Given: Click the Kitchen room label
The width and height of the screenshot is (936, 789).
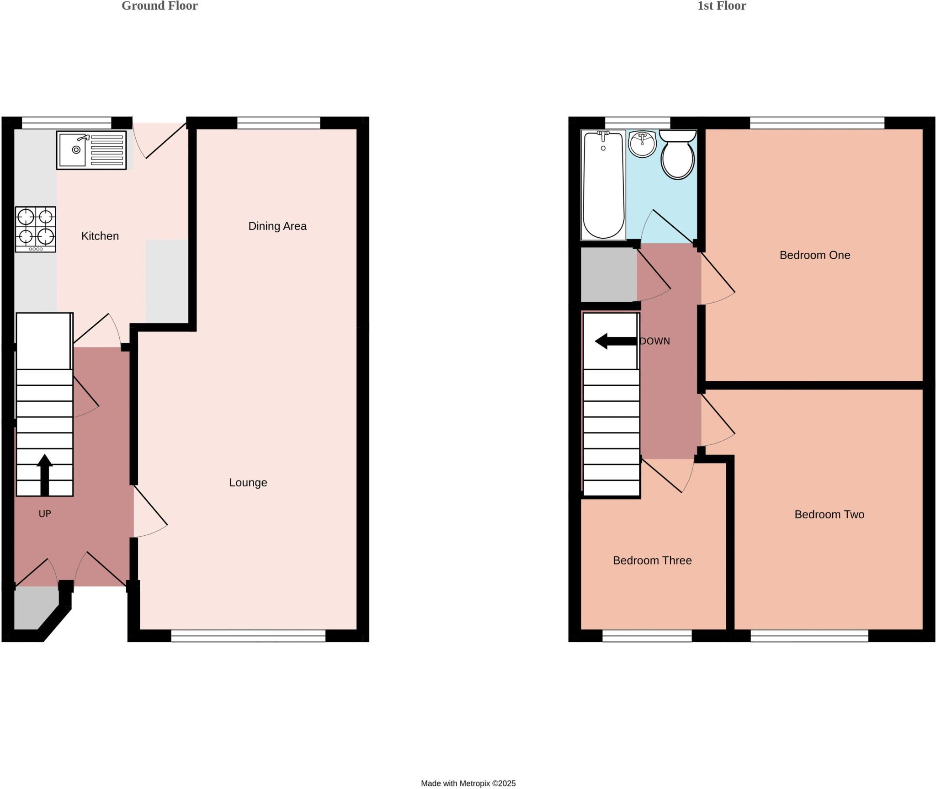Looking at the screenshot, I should (100, 236).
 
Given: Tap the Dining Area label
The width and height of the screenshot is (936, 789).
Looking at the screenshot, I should (277, 226).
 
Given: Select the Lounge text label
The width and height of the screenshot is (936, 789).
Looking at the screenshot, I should (248, 482).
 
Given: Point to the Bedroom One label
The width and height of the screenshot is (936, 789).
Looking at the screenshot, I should (814, 255).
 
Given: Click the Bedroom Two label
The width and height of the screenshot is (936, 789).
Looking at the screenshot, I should (829, 514).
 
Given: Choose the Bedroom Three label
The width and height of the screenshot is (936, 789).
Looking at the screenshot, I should (652, 560).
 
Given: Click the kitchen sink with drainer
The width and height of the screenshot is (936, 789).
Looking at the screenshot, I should (91, 150).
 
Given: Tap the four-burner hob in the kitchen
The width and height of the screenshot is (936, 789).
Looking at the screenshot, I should (36, 229).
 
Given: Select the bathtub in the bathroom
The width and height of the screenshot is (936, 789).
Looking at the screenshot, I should (603, 185).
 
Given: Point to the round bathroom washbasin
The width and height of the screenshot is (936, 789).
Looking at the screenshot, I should (643, 144).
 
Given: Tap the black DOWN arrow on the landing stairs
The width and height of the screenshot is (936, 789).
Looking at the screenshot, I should (615, 341).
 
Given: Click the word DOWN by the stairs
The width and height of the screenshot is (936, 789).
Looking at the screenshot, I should (655, 341).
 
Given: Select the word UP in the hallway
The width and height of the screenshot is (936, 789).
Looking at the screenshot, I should (44, 514).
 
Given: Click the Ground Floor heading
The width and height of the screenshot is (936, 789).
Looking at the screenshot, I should (160, 6).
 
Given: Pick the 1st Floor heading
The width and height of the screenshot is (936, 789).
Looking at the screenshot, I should (721, 6).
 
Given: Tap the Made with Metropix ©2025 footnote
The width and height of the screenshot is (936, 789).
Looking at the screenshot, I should (468, 784).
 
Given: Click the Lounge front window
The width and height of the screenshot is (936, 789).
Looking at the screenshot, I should (248, 635).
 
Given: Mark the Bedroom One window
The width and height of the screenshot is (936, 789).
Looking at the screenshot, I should (817, 123).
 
